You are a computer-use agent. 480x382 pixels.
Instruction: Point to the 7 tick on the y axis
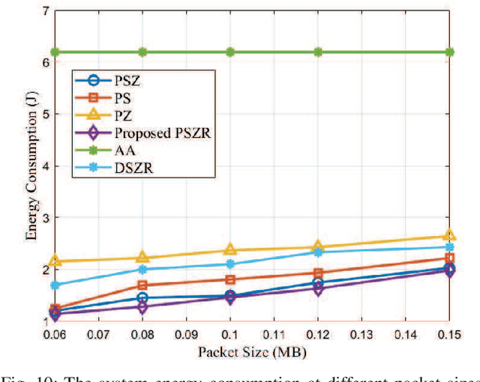pos(46,11)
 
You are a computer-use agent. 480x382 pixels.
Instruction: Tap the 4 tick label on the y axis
pos(46,166)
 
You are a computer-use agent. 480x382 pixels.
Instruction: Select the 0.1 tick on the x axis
pos(230,333)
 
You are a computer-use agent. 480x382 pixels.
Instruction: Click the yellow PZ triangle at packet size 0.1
pos(230,249)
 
